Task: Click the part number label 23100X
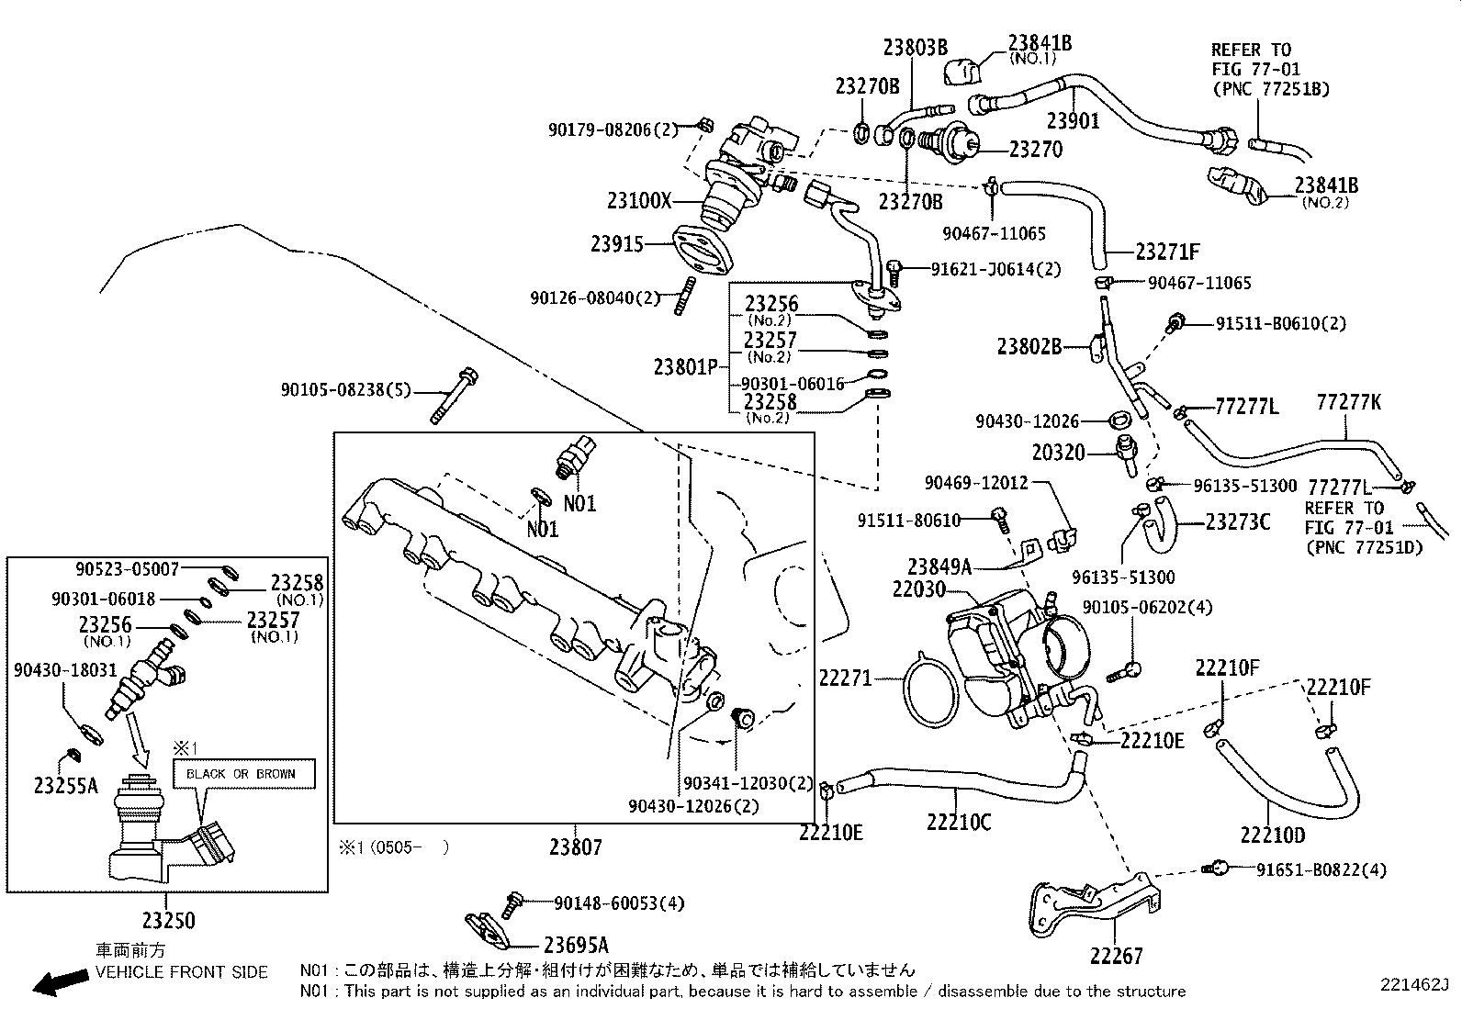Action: (x=639, y=201)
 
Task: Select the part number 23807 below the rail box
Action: (x=576, y=846)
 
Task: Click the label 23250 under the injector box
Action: (x=168, y=919)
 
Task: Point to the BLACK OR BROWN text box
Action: (x=242, y=774)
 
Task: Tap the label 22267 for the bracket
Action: (x=1117, y=956)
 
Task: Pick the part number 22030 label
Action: (x=919, y=589)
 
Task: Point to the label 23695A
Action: (x=576, y=945)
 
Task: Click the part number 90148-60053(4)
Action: (x=620, y=903)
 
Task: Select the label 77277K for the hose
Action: (x=1348, y=403)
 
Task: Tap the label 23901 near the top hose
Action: (x=1073, y=120)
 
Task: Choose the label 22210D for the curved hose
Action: (x=1272, y=835)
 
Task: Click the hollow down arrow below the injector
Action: (x=140, y=741)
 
